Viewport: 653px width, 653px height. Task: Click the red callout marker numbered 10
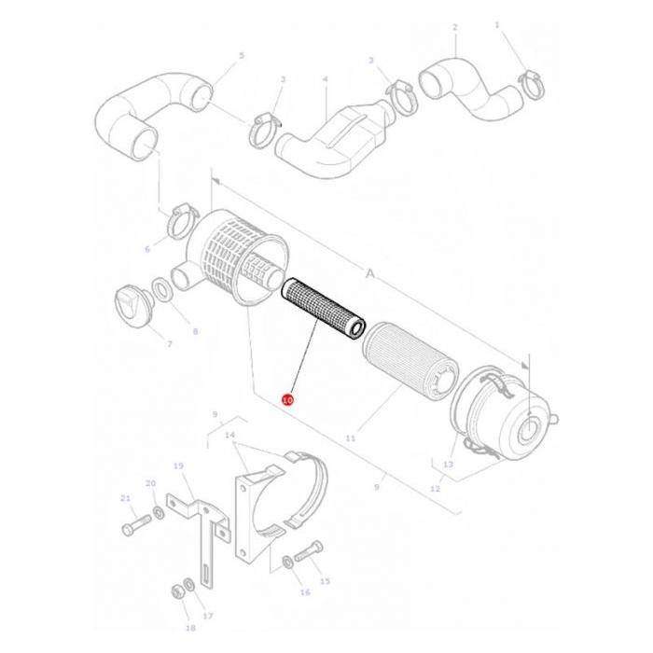tap(287, 399)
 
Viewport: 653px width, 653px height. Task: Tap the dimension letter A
tap(369, 274)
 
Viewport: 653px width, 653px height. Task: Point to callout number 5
tap(241, 56)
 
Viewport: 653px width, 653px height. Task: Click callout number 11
tap(352, 437)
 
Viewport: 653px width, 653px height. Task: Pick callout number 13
tap(449, 464)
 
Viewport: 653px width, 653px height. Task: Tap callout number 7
tap(169, 344)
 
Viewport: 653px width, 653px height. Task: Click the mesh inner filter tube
tap(321, 307)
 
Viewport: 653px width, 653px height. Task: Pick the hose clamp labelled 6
tap(180, 223)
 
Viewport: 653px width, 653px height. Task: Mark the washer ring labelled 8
tap(160, 291)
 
